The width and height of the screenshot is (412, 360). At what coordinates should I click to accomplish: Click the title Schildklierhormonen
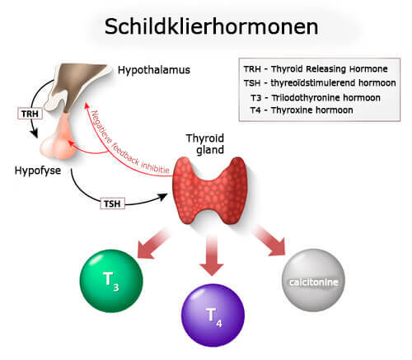pos(211,26)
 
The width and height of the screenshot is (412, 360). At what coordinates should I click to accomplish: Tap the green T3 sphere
pos(111,278)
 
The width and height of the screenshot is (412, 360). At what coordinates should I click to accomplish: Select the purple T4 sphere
pos(213,314)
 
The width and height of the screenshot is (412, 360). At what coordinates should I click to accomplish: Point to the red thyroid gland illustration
pos(213,189)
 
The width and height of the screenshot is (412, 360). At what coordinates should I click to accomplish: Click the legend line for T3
pos(319,96)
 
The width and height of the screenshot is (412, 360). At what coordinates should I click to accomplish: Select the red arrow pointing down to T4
pos(213,256)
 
